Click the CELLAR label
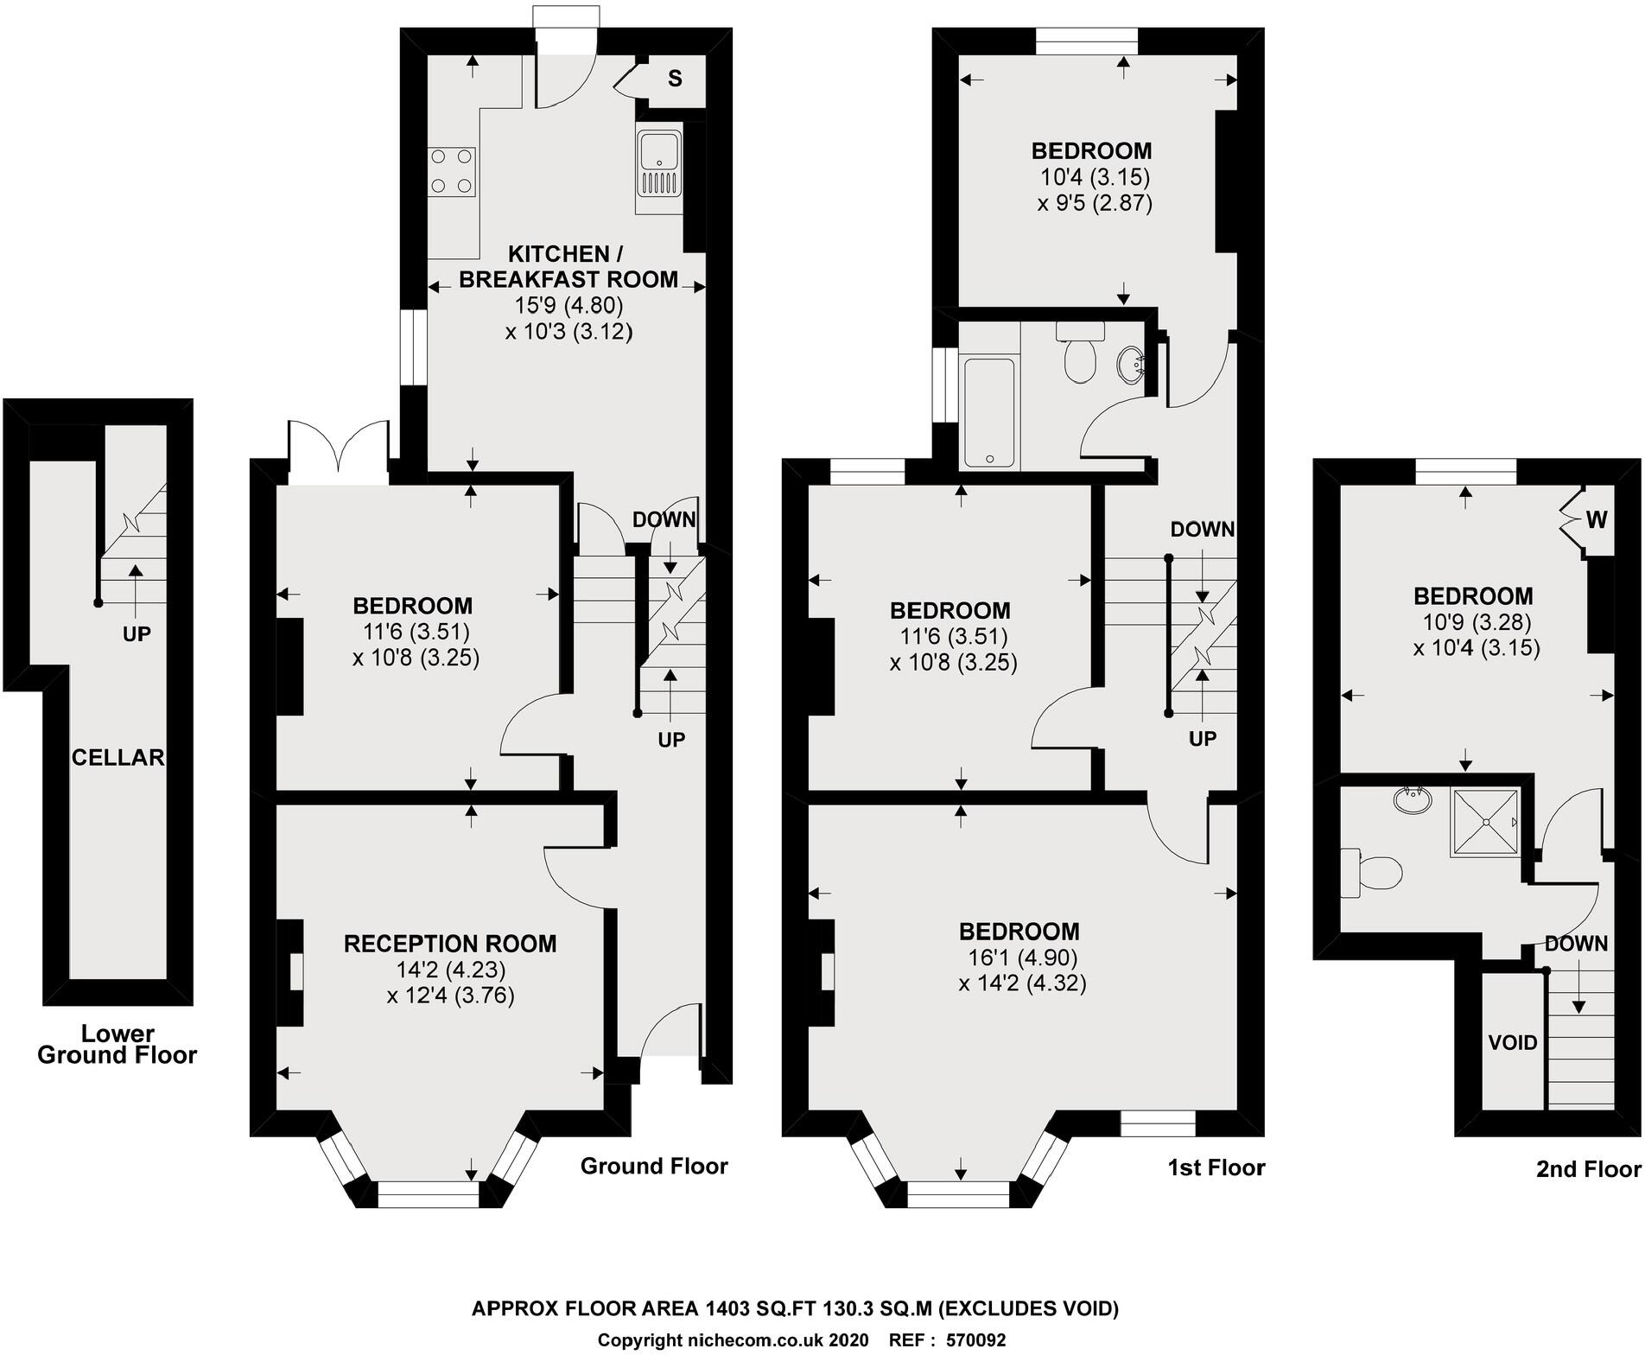(x=117, y=758)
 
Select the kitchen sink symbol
(x=659, y=168)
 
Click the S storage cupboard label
(x=675, y=79)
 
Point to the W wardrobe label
(x=1597, y=519)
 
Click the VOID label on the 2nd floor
(x=1513, y=1042)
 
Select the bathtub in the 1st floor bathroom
(x=989, y=411)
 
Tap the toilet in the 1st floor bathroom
(x=1080, y=353)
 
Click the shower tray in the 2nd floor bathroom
(x=1484, y=822)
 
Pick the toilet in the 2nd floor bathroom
(x=1374, y=873)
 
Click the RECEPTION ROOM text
(x=450, y=944)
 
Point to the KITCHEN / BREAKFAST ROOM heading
(x=568, y=267)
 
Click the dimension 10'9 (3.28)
(x=1477, y=622)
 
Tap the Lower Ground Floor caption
(x=117, y=1044)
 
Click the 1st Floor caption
(x=1216, y=1168)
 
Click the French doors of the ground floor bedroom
(x=339, y=449)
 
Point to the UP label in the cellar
(x=137, y=634)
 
